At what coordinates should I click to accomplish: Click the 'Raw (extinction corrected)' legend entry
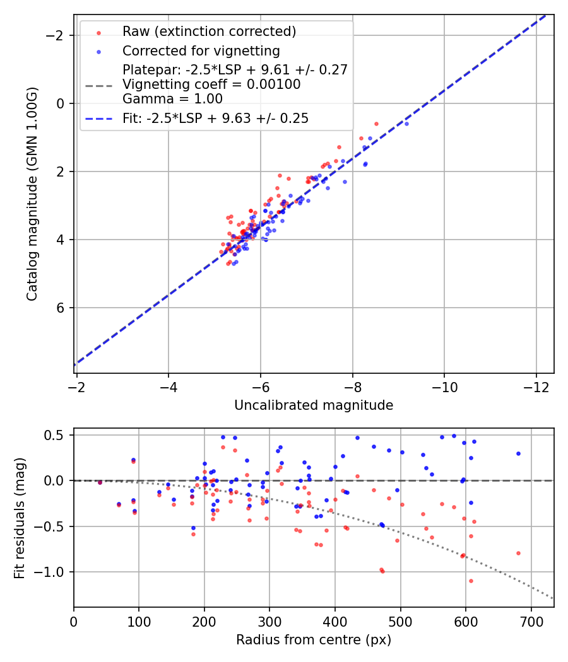[209, 32]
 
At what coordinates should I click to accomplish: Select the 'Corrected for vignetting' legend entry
[201, 50]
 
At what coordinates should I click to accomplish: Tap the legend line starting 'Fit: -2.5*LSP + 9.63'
[215, 119]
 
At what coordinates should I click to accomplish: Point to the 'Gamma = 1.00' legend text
[172, 99]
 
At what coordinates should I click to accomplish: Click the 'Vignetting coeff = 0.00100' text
[211, 84]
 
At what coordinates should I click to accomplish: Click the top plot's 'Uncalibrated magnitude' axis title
[314, 405]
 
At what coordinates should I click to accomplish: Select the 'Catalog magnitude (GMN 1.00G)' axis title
[32, 194]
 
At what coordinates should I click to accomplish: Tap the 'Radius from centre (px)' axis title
[314, 640]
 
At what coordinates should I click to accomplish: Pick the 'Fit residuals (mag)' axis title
[20, 518]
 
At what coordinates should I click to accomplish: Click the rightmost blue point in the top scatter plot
[406, 124]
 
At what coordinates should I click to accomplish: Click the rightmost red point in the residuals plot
[518, 553]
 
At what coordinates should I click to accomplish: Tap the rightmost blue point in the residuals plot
[518, 453]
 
